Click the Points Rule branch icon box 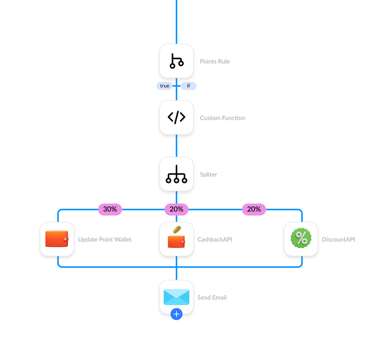(176, 61)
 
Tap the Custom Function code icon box (176, 117)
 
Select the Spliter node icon (176, 174)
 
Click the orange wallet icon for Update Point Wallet (57, 239)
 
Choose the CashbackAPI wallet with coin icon (176, 239)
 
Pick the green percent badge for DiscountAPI (301, 239)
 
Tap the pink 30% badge (110, 209)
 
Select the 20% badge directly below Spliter (176, 209)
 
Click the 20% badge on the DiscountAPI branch (254, 209)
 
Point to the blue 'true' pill (165, 86)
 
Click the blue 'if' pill (188, 86)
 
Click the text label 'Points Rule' (215, 61)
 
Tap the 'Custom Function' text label (223, 118)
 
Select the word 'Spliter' (209, 174)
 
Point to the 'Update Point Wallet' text (105, 239)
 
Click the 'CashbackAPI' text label (215, 239)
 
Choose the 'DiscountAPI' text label (339, 239)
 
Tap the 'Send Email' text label (212, 297)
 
